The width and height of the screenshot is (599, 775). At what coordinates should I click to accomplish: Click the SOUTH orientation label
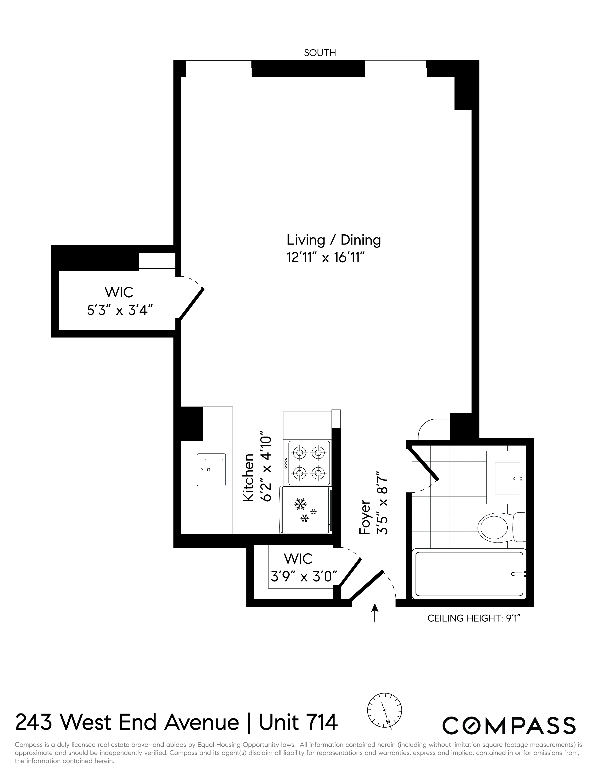(320, 53)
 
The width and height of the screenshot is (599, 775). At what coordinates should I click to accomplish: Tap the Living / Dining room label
(334, 240)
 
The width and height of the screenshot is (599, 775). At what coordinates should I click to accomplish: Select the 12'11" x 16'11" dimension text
(326, 258)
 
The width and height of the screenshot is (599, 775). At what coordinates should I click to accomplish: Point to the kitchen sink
(211, 469)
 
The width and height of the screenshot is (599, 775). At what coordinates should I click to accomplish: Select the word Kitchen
(248, 477)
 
